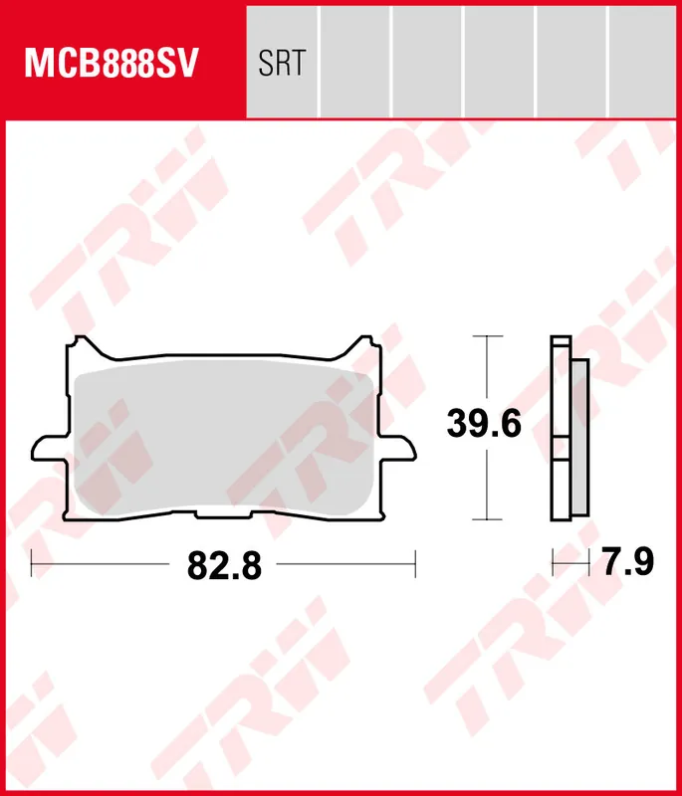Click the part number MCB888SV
[x=112, y=63]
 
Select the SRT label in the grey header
[x=282, y=63]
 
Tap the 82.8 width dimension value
[x=224, y=565]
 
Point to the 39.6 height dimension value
[x=484, y=424]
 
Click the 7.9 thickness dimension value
[x=628, y=562]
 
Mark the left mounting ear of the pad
[x=49, y=449]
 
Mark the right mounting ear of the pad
[x=398, y=449]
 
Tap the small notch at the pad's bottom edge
[x=224, y=514]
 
